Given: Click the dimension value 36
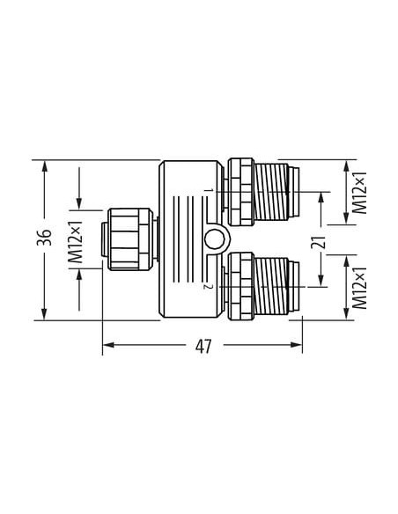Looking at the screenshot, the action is [44, 237].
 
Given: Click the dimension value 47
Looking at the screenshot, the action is [203, 346].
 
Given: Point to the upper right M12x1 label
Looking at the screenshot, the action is [359, 193].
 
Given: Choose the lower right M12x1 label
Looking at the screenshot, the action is [359, 288].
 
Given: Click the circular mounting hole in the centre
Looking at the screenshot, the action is [214, 239].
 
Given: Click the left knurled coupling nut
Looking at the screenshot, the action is [130, 239].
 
